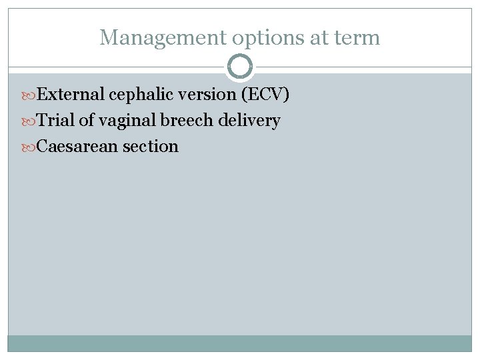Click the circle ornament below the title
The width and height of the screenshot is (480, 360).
click(240, 67)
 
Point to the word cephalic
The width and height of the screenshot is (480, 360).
click(139, 95)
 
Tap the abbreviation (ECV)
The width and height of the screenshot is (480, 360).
click(266, 95)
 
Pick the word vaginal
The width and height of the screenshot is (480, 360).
click(128, 121)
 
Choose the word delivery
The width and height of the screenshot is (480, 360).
click(251, 121)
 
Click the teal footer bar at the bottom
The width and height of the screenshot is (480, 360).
click(240, 343)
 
